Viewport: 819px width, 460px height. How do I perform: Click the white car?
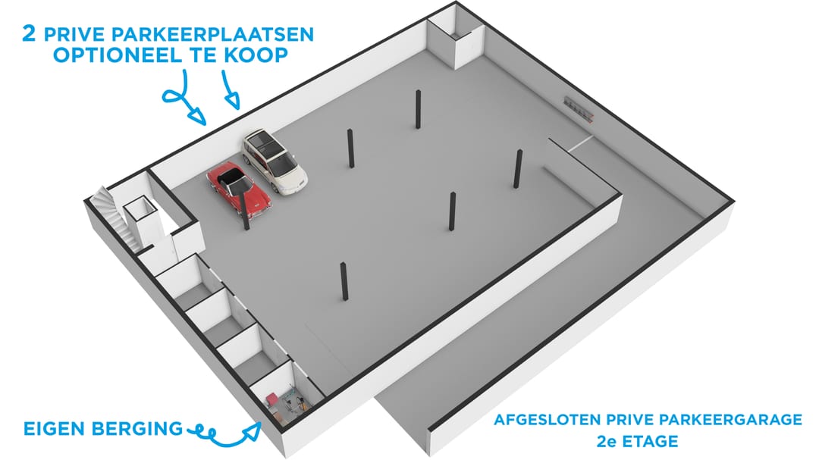[275, 161]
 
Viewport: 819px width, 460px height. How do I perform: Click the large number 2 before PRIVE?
[30, 33]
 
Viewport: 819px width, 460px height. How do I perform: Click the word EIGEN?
[55, 429]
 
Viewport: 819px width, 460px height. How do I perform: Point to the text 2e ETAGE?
[637, 441]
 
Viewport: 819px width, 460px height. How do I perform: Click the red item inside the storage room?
[273, 400]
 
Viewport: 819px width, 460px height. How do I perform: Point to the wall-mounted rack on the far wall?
[579, 109]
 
